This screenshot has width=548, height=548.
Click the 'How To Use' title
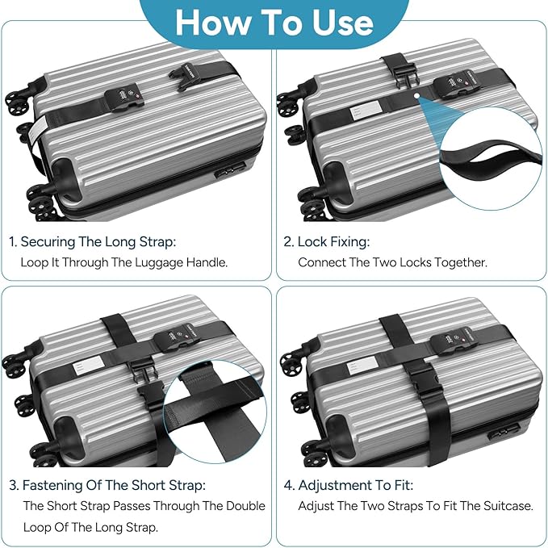(x=274, y=23)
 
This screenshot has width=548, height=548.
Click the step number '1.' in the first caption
(x=13, y=241)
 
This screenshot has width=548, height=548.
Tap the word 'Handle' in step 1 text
(x=205, y=262)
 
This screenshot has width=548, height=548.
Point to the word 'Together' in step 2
(x=458, y=262)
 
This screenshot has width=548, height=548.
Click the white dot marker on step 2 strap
(x=415, y=97)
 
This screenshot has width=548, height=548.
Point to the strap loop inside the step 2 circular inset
(x=488, y=157)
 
